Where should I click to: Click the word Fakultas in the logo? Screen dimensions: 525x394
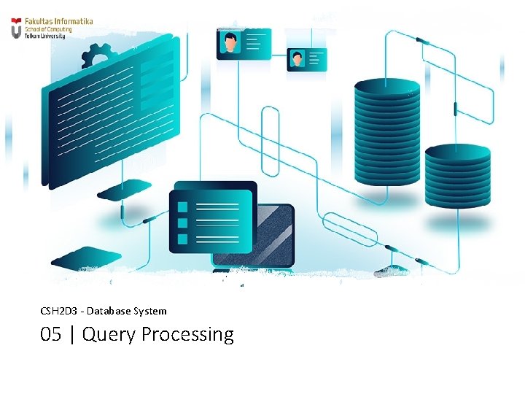point(40,22)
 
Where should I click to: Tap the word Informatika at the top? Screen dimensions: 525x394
point(75,22)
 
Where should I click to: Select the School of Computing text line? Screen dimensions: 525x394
point(44,29)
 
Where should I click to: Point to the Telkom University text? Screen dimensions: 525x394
point(44,35)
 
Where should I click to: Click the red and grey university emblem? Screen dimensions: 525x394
point(16,30)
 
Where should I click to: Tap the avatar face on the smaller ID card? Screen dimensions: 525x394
point(297,58)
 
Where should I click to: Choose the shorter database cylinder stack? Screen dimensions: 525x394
point(457,175)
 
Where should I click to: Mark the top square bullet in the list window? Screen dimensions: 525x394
point(183,206)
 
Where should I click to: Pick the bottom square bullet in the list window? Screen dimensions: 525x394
point(183,239)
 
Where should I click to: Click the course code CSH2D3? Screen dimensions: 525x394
point(56,311)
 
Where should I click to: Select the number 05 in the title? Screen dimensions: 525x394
point(51,335)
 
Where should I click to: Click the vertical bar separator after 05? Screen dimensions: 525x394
point(72,335)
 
